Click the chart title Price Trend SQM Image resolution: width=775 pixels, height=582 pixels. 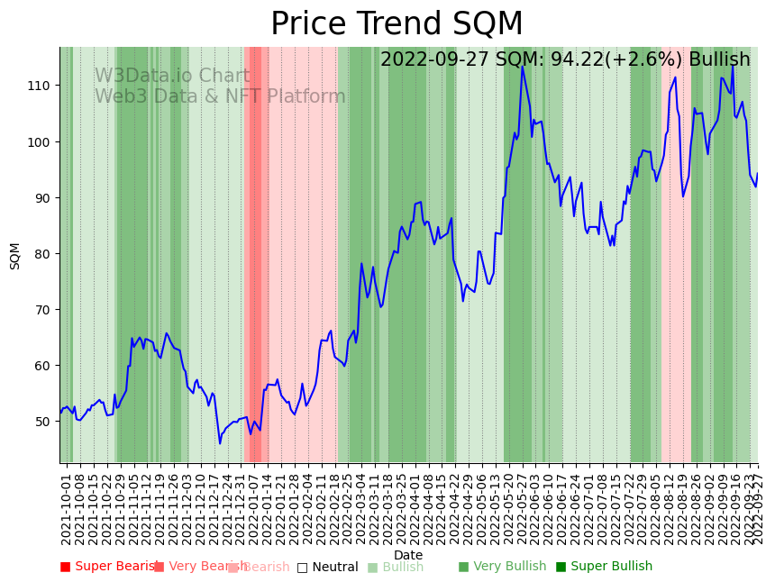397,24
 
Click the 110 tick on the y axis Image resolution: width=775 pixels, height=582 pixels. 42,86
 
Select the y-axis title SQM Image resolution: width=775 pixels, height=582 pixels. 15,255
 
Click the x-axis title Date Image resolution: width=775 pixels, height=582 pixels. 407,555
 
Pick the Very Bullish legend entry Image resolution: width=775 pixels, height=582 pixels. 502,567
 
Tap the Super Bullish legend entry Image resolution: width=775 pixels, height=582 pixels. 604,567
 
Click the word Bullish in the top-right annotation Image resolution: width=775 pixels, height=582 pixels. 719,60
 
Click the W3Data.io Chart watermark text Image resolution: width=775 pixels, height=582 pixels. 172,77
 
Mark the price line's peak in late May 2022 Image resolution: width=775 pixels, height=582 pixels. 522,67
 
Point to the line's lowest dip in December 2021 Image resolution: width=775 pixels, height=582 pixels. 220,442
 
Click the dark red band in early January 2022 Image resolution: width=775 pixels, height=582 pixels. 254,252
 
